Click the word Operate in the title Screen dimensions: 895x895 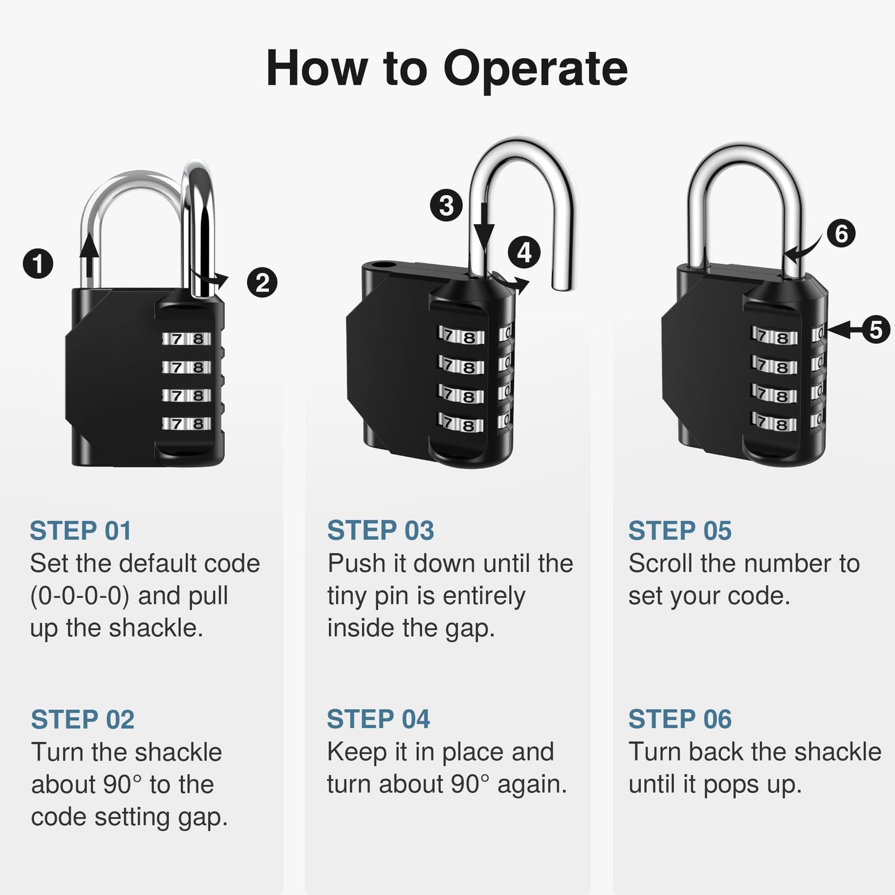point(535,68)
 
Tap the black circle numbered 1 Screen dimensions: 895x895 point(38,264)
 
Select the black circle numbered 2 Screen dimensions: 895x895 point(262,283)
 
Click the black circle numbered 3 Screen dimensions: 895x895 point(447,205)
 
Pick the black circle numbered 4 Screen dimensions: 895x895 point(524,253)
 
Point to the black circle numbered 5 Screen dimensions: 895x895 point(876,330)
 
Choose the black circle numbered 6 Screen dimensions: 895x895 point(841,234)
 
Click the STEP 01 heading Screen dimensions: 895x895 point(81,531)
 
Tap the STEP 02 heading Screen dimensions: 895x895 point(82,720)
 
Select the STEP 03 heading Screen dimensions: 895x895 point(380,531)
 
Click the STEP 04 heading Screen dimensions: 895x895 point(378,719)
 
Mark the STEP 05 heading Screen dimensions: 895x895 point(679,531)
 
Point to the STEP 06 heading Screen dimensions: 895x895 point(679,719)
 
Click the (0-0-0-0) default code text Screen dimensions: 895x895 point(79,596)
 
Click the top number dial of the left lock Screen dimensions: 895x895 point(187,339)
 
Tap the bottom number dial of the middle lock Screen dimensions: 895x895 point(461,424)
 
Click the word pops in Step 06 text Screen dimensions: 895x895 point(731,785)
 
